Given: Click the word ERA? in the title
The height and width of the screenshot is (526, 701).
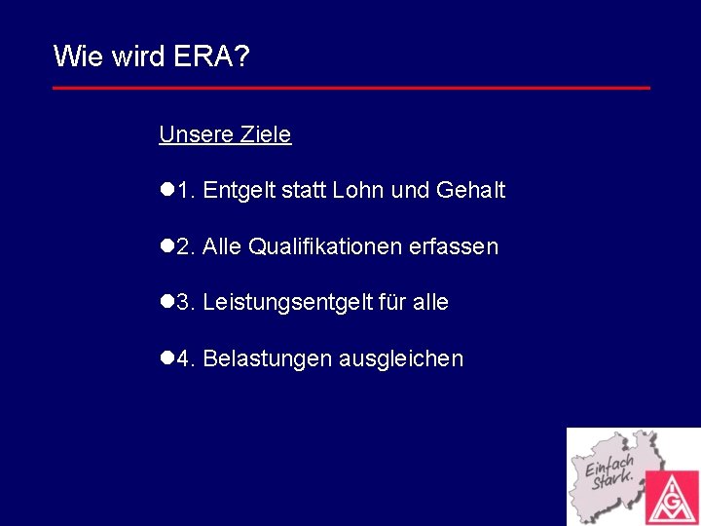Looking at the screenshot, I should [x=211, y=56].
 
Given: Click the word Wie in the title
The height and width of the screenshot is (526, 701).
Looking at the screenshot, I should [x=74, y=56].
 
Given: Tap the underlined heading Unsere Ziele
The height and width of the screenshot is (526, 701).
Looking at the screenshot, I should [x=225, y=134].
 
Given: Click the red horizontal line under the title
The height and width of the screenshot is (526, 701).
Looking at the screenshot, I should [x=350, y=88].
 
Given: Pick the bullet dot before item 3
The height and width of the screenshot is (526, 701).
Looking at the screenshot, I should [x=166, y=303].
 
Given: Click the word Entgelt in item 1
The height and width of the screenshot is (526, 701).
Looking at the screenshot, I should [x=239, y=191].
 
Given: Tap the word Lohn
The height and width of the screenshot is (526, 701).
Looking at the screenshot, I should [x=358, y=191].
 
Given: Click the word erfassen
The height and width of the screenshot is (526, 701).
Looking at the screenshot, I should [x=454, y=247].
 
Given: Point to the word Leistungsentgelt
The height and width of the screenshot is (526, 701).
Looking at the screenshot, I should [x=288, y=303].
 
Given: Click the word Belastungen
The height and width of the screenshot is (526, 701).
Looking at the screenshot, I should [x=267, y=359].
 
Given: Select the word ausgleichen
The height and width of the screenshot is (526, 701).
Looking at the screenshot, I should [x=400, y=359].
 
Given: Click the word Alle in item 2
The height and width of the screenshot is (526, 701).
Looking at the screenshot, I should [x=222, y=247].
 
